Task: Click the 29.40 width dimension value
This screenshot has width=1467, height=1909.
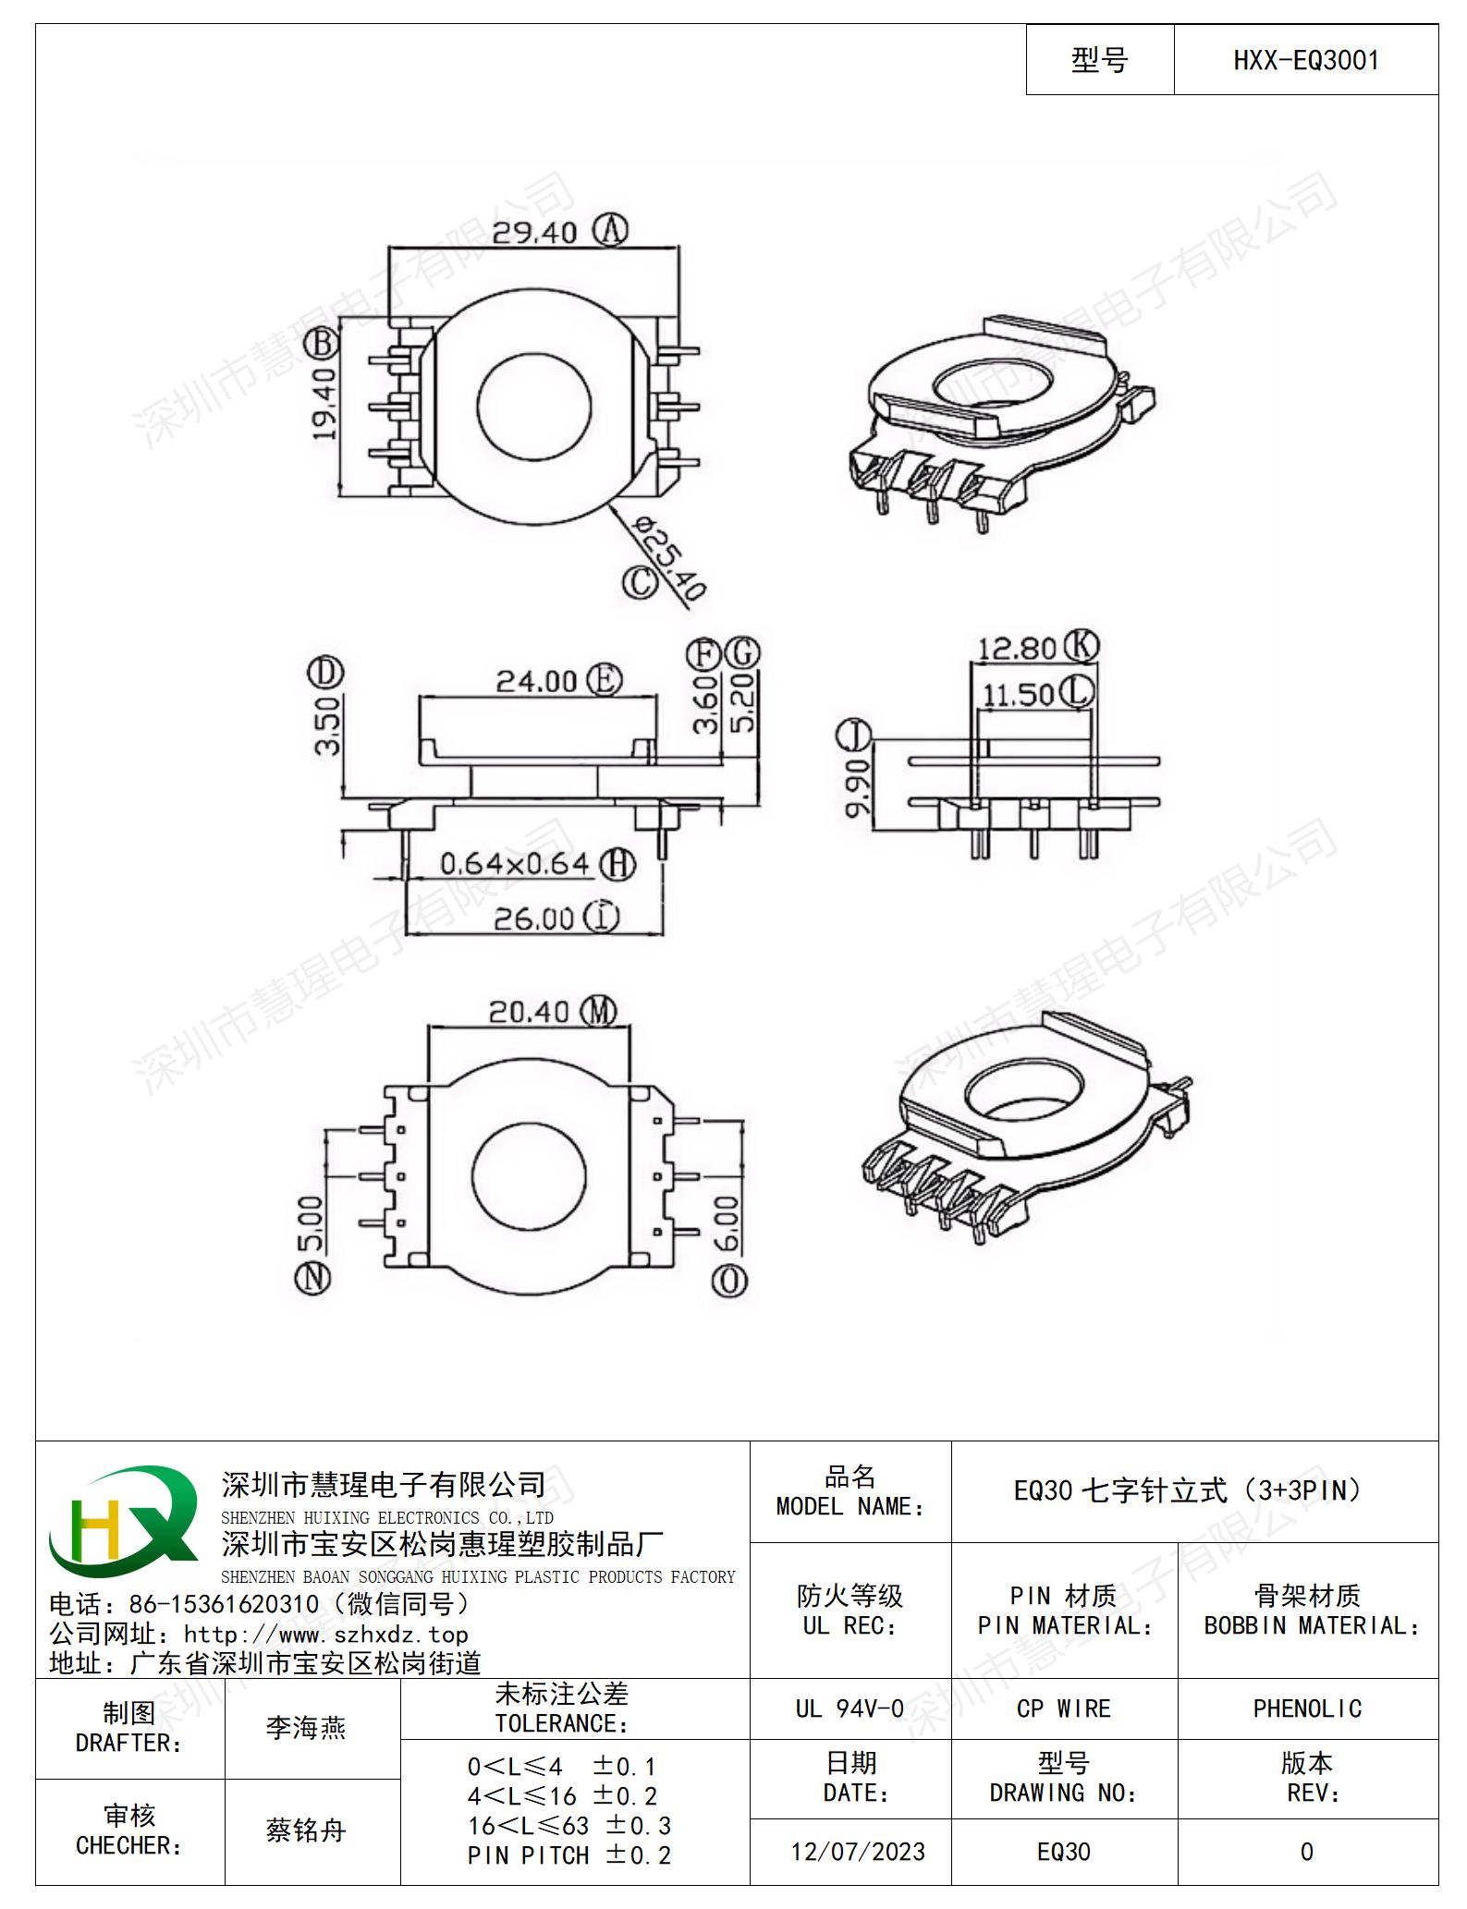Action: coord(534,232)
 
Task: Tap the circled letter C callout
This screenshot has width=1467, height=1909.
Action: coord(639,581)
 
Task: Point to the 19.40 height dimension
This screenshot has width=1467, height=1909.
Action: coord(324,403)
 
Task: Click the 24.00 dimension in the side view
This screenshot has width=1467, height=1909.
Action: coord(537,681)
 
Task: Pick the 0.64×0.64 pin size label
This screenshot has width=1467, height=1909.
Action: coord(514,864)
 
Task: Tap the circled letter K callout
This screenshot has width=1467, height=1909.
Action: coord(1081,645)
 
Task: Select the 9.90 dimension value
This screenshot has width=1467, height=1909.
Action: coord(858,788)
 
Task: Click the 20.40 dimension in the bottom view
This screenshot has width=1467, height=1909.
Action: coord(529,1012)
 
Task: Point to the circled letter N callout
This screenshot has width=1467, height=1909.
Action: coord(312,1279)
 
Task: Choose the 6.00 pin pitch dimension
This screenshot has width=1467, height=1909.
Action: coord(727,1224)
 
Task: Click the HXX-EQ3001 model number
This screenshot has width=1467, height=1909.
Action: coord(1306,61)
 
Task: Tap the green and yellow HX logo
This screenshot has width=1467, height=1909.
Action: coord(124,1522)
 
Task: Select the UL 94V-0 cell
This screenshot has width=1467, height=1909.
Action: coord(850,1708)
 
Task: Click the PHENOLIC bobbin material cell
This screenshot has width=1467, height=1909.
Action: coord(1307,1708)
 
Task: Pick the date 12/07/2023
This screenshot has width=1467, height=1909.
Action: coord(858,1852)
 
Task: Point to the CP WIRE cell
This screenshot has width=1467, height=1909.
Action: coord(1064,1708)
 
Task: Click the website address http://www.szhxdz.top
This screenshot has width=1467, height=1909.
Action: coord(326,1635)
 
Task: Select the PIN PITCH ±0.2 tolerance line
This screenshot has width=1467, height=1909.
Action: coord(569,1854)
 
